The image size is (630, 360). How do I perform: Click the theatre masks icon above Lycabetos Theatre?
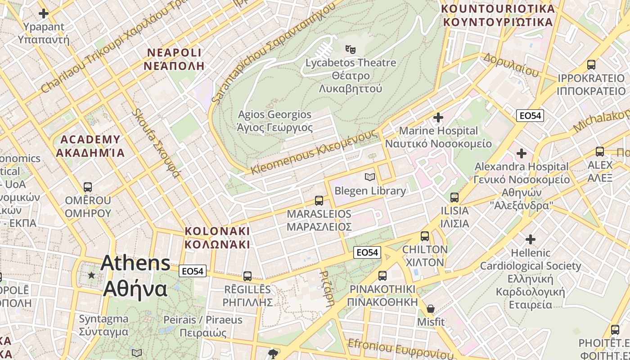click(x=351, y=49)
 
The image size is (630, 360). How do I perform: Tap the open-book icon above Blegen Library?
click(x=370, y=177)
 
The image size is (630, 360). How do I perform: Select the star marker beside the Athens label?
click(x=92, y=274)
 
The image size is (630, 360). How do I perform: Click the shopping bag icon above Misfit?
click(x=431, y=309)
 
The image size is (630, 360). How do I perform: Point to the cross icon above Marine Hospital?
click(x=438, y=118)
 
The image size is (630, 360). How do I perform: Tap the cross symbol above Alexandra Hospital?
click(x=522, y=153)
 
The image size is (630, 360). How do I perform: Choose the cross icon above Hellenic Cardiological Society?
click(x=531, y=239)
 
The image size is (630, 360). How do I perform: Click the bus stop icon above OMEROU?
click(x=88, y=187)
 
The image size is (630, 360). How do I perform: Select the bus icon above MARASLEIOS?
click(x=319, y=200)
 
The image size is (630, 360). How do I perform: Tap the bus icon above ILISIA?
click(x=454, y=197)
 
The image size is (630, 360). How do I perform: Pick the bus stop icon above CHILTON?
click(x=425, y=236)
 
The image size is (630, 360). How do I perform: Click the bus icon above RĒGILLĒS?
click(x=247, y=276)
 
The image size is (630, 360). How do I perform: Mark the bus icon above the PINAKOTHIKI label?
click(x=382, y=275)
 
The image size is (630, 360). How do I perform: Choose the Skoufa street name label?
click(x=156, y=143)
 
